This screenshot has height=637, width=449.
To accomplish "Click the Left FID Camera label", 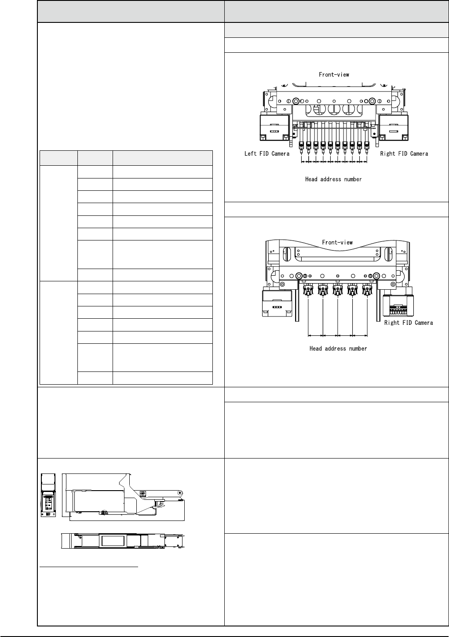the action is tap(267, 153).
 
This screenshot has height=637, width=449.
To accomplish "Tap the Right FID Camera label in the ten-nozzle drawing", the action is tap(404, 153).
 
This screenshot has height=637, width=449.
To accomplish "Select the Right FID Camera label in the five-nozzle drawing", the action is tap(409, 323).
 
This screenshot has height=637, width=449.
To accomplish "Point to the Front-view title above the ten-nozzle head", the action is tap(334, 74).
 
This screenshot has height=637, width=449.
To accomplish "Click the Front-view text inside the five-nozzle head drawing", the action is tap(337, 242).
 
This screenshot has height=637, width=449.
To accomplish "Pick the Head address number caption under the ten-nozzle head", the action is tap(334, 179).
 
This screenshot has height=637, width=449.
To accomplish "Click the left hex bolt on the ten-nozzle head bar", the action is tap(296, 101).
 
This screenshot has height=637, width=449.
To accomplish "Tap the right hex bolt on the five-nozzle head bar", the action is tap(376, 276).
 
